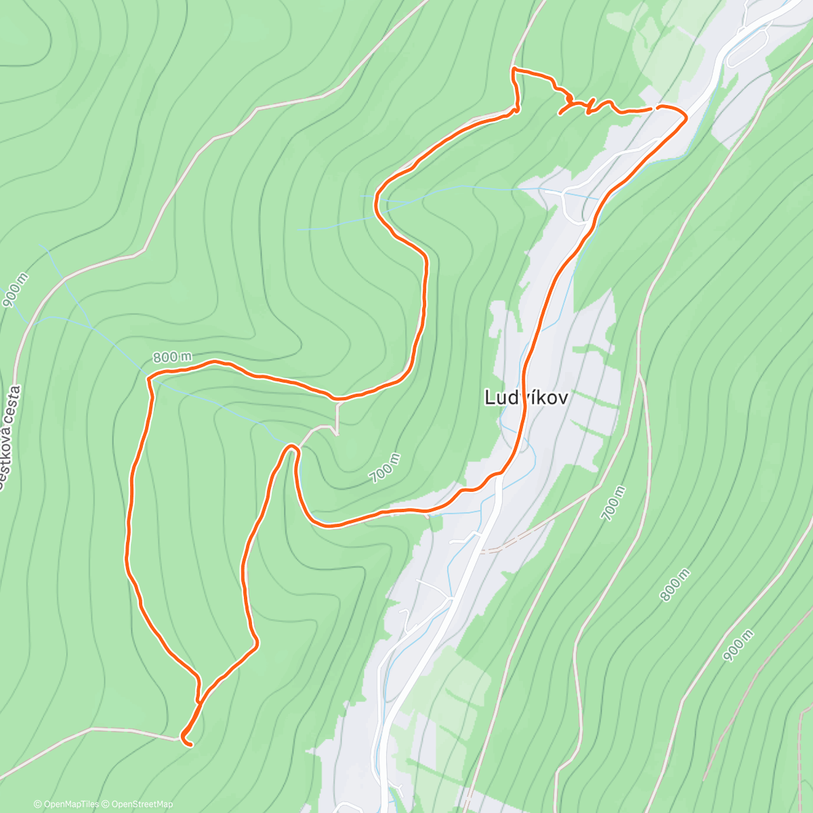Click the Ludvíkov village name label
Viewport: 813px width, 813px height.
pos(526,398)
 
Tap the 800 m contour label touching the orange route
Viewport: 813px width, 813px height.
pos(171,357)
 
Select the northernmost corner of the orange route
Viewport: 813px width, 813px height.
pos(513,69)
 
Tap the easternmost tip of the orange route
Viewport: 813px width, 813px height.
pos(686,118)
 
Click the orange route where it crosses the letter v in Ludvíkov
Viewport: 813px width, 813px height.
pos(523,398)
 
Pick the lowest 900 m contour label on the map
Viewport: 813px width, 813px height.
pos(738,646)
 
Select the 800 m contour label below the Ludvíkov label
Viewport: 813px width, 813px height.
pos(675,585)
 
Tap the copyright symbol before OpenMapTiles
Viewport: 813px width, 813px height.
pos(38,804)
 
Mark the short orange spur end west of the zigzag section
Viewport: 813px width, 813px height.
pos(560,114)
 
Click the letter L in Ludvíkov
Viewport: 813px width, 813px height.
pos(489,398)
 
